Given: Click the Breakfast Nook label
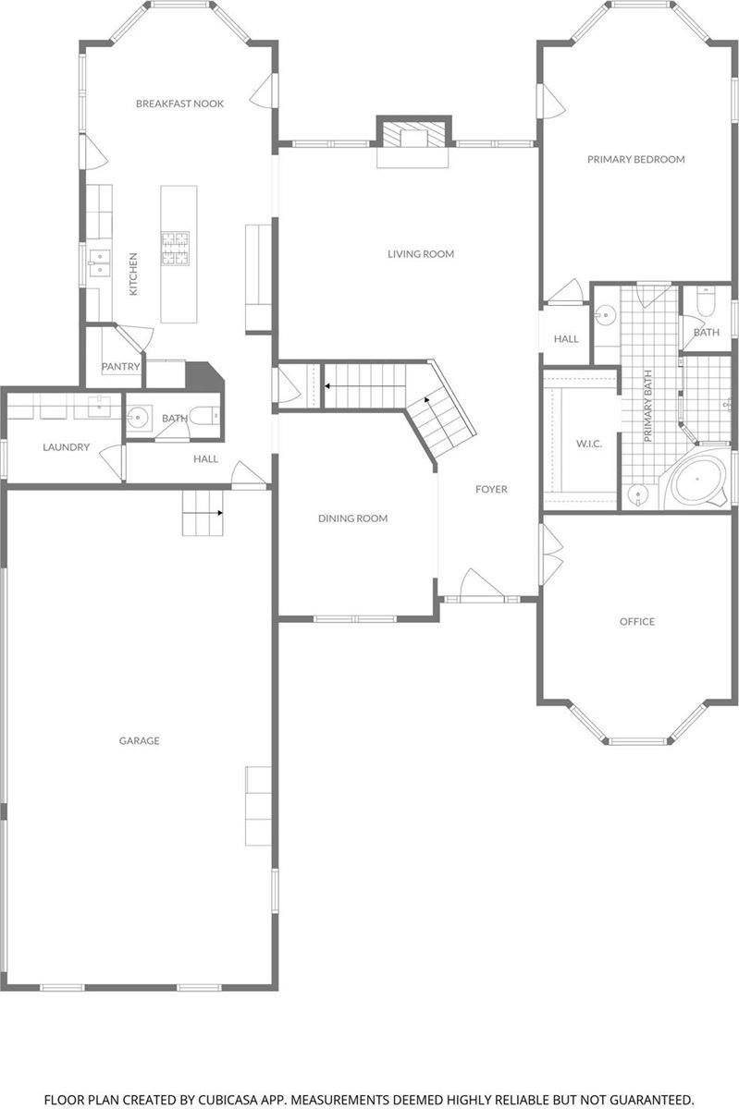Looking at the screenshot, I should tap(179, 104).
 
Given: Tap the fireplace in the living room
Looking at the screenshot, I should tap(413, 137).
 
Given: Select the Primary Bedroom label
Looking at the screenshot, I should tap(635, 159).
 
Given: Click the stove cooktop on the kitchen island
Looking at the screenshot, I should tap(176, 248).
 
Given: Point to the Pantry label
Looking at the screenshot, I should tap(120, 367).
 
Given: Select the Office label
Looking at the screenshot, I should tap(636, 621).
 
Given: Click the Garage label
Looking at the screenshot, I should tap(139, 740).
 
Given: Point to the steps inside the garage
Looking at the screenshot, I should tap(203, 513).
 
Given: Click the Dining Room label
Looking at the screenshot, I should tap(352, 518).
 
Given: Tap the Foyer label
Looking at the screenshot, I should tap(491, 489).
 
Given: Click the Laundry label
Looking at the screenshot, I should tap(66, 447).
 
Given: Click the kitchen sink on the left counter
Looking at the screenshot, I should tap(99, 262).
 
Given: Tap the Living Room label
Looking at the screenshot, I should tap(420, 253).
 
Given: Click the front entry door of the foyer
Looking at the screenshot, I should tap(480, 588).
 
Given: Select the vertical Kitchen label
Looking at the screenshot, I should tap(133, 274).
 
